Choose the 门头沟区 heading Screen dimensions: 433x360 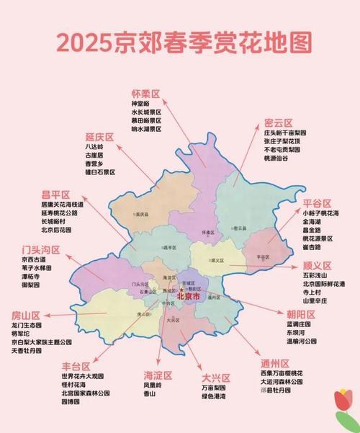click(41, 249)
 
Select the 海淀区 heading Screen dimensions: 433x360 click(159, 375)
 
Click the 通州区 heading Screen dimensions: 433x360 click(275, 363)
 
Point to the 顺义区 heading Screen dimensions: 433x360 click(318, 264)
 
